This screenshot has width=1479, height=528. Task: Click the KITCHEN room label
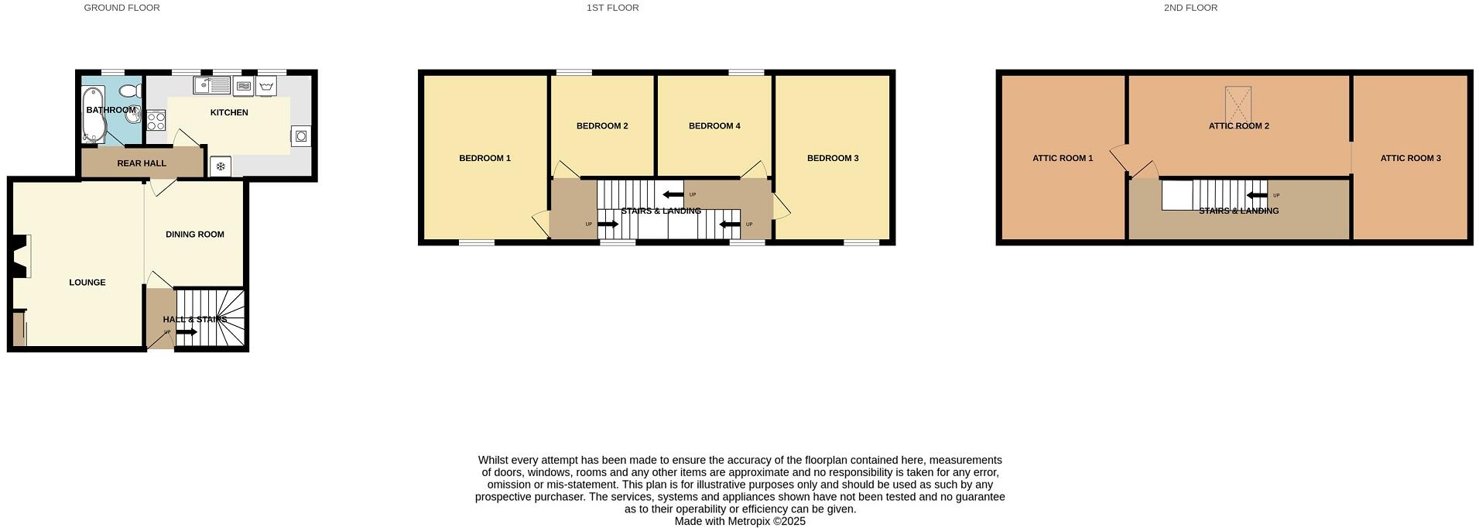click(x=229, y=113)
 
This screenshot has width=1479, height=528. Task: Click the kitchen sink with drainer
click(x=211, y=85)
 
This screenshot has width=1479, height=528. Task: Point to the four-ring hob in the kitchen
click(x=156, y=120)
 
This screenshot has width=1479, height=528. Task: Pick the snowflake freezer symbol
click(x=221, y=166)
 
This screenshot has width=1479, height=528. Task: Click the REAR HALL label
click(x=142, y=163)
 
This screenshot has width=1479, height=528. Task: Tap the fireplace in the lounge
click(x=21, y=255)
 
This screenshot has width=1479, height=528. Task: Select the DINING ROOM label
click(x=195, y=235)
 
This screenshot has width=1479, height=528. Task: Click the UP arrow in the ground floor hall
click(x=186, y=332)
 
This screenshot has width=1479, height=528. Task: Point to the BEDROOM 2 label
click(x=602, y=126)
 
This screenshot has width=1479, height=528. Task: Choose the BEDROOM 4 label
click(x=714, y=126)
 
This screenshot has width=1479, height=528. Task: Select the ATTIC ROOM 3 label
click(x=1410, y=159)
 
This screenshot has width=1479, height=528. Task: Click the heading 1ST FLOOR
click(x=612, y=8)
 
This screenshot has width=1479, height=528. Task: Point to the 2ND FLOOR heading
click(x=1190, y=8)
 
